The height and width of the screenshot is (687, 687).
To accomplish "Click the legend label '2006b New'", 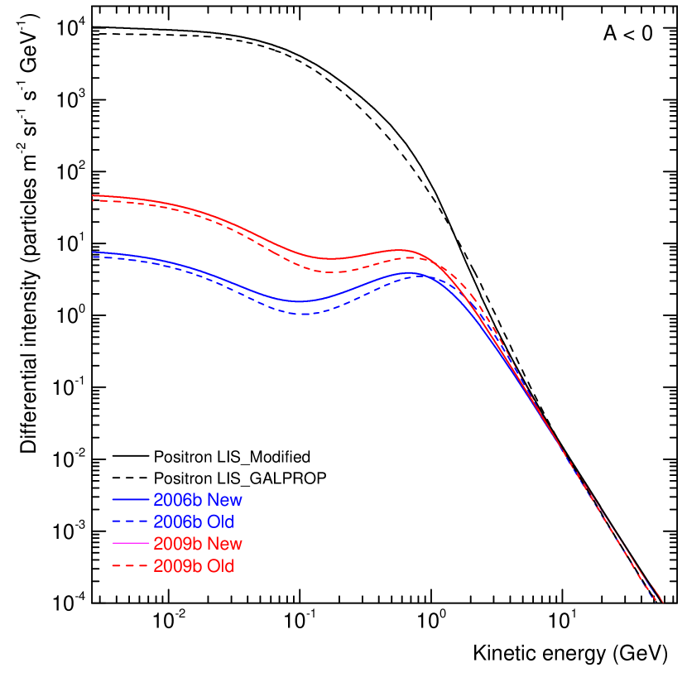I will tap(198, 500).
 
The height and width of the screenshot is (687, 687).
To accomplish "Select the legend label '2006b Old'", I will tap(194, 522).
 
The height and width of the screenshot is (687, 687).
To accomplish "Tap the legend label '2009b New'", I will tap(198, 544).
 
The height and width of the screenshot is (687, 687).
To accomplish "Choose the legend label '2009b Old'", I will tap(194, 566).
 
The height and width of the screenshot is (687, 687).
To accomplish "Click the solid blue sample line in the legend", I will tap(131, 500).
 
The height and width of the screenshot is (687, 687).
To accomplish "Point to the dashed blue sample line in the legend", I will tap(131, 522).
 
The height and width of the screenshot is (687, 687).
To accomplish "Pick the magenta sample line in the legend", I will tap(131, 544).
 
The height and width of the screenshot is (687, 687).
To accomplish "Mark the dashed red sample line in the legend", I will tap(131, 566).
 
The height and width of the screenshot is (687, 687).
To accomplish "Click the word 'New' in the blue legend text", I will tap(224, 500).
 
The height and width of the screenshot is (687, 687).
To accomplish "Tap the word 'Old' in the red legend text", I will tap(220, 566).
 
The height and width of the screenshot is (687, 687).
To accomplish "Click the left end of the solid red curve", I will tap(93, 196).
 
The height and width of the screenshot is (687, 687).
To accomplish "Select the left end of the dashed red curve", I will tap(93, 201).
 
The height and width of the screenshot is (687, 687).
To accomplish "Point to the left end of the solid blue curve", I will tap(93, 252).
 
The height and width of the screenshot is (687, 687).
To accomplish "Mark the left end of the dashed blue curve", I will tap(93, 257).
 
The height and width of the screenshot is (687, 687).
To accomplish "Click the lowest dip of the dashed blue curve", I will tap(305, 315).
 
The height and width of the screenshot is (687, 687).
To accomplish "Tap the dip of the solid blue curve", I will tap(300, 301).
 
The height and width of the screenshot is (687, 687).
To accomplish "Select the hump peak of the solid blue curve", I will tap(411, 271).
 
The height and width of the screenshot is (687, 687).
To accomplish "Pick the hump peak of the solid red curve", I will tap(402, 250).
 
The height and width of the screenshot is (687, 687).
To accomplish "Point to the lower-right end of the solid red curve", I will tap(662, 602).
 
